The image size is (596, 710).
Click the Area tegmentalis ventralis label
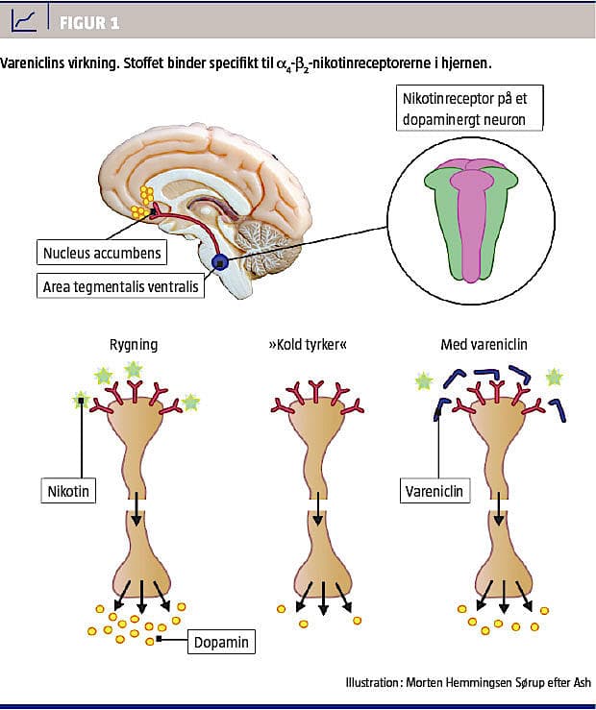click(121, 285)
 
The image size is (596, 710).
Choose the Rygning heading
click(135, 345)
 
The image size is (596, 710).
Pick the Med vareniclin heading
click(484, 345)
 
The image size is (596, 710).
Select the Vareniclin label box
click(434, 491)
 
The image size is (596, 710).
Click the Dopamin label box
click(221, 641)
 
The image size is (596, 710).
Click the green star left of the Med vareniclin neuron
click(424, 381)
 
